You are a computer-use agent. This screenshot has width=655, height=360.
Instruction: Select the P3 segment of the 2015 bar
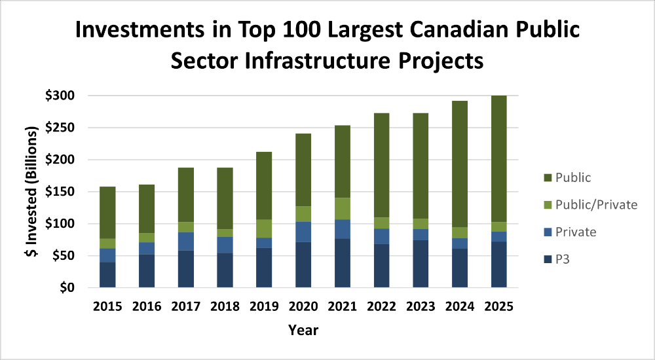107,275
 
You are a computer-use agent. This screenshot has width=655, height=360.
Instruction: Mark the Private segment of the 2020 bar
303,232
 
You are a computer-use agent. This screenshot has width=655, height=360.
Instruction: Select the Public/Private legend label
595,205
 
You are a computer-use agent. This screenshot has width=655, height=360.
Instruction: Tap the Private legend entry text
575,232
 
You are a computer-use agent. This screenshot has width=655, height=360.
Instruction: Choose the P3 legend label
564,260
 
